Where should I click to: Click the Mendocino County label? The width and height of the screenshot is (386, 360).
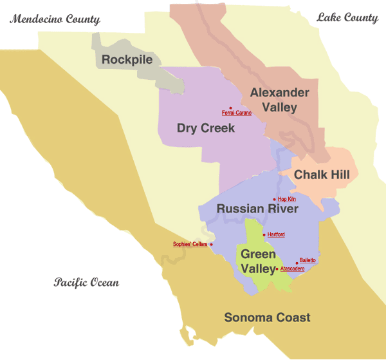(55, 19)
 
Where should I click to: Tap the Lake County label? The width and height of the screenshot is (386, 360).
(347, 18)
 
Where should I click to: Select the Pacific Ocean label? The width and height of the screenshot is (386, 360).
(86, 283)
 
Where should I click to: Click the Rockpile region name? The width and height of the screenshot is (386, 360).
(127, 60)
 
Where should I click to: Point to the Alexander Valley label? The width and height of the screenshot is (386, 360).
(279, 100)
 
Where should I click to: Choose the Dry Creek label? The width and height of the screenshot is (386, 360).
(206, 128)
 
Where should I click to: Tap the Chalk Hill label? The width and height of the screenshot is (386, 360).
(322, 175)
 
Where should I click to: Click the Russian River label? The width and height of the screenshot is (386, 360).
(257, 209)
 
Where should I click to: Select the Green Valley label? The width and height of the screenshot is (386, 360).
(258, 261)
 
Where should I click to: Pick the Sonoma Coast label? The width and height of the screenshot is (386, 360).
(267, 317)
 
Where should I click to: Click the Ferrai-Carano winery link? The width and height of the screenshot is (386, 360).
(237, 113)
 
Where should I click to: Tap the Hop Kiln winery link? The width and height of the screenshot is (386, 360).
(287, 200)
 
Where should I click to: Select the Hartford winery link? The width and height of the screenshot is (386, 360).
(276, 234)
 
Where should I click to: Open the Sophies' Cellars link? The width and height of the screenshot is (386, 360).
(190, 244)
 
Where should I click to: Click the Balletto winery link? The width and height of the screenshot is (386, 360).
(308, 260)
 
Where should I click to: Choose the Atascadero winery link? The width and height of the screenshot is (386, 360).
(293, 269)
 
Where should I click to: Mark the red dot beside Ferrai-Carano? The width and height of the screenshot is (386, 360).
(230, 108)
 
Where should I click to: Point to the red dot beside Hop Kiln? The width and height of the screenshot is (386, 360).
(275, 200)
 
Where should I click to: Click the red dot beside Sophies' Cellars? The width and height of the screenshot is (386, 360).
(211, 245)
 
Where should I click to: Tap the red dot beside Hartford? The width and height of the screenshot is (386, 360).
(264, 234)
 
